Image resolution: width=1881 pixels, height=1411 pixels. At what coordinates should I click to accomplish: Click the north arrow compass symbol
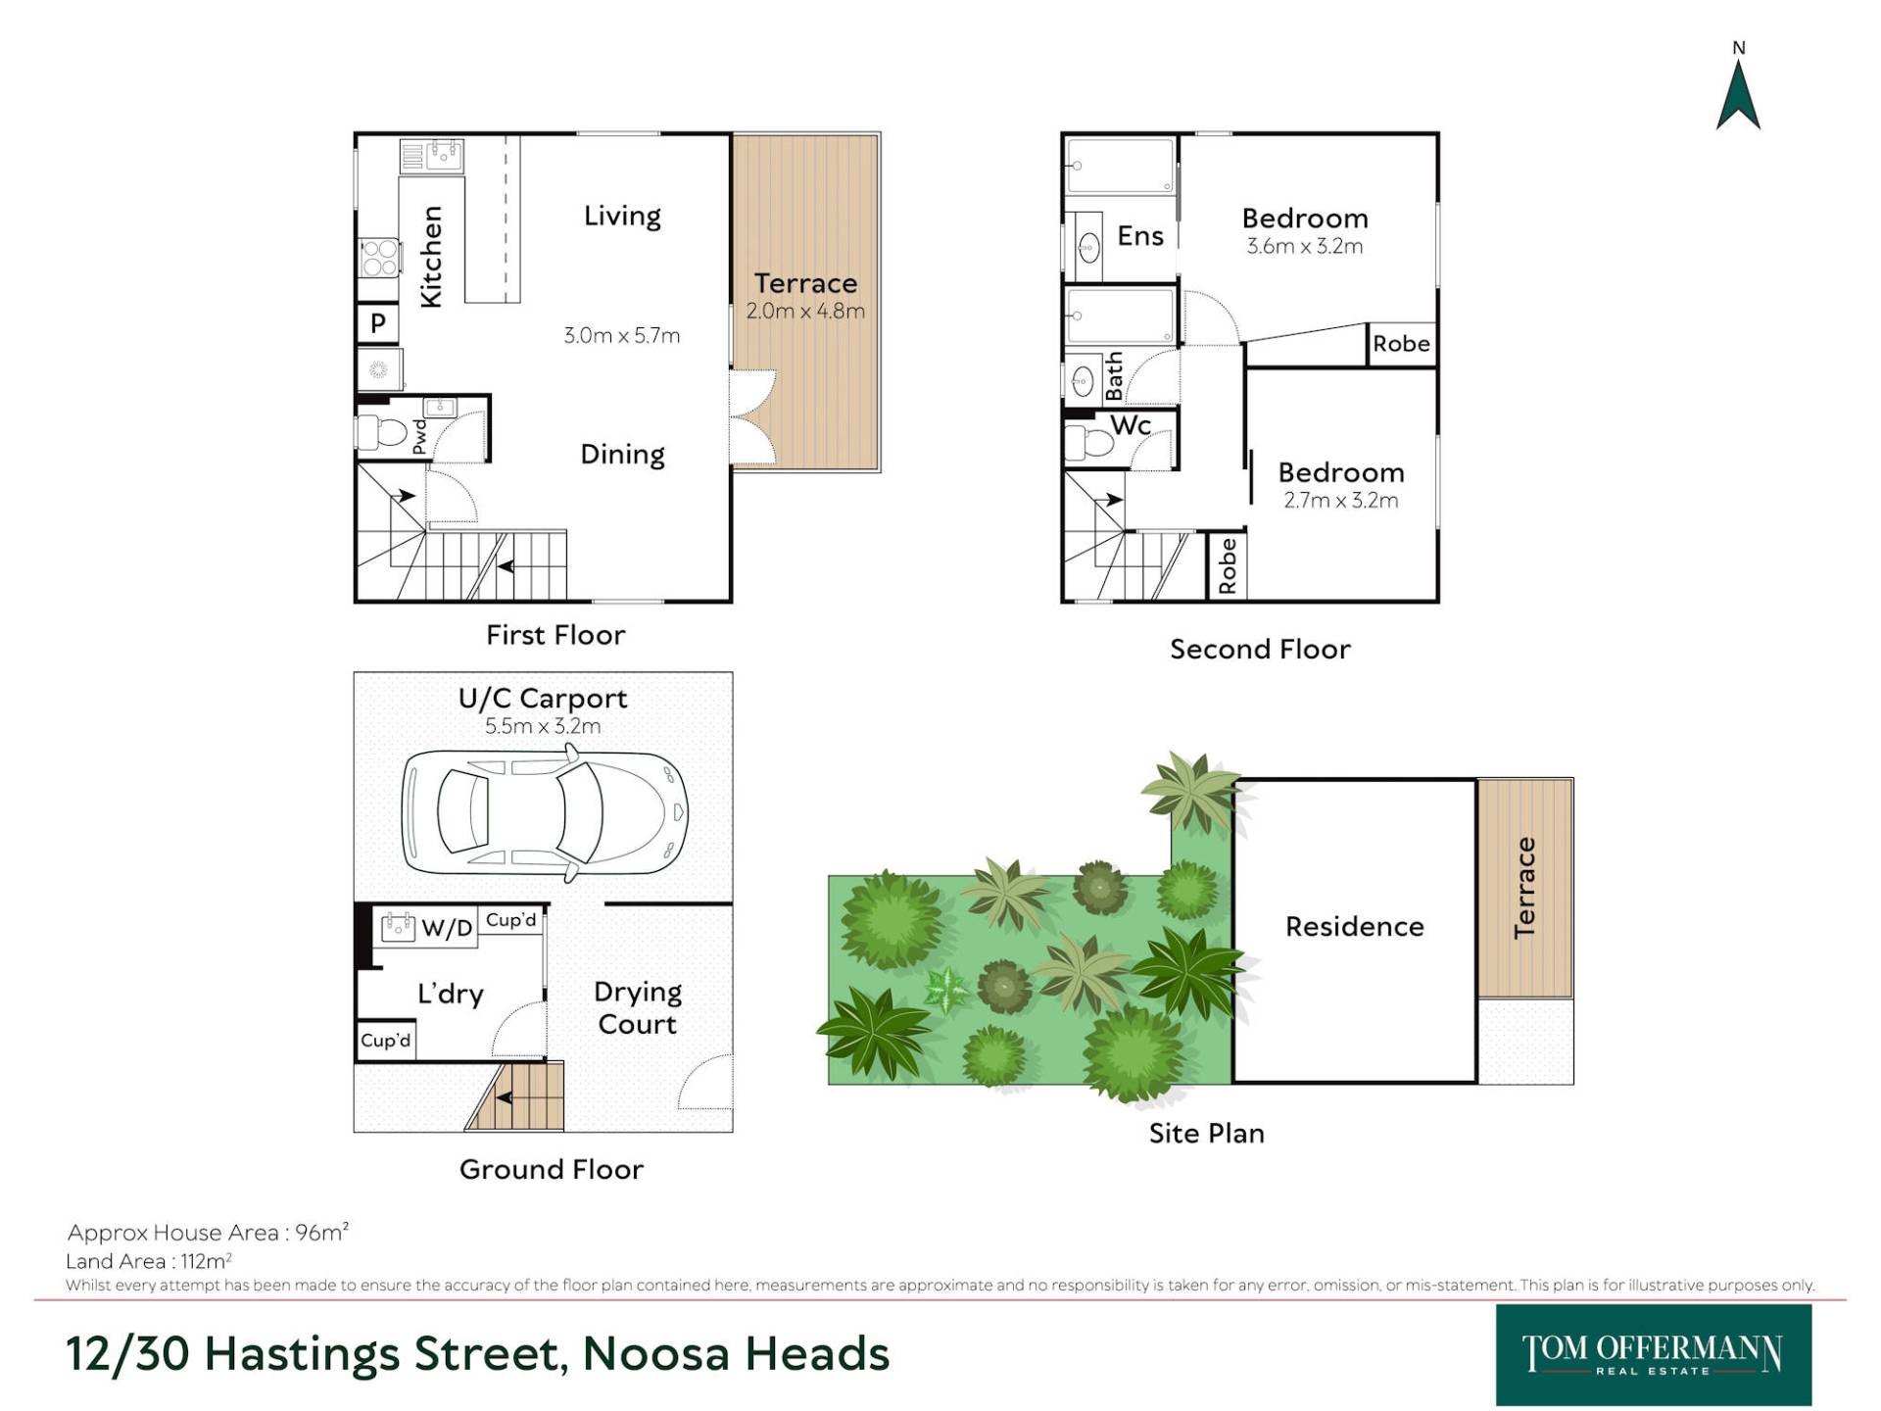click(1738, 95)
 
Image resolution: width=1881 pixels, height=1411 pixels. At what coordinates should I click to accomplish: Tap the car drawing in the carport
click(545, 811)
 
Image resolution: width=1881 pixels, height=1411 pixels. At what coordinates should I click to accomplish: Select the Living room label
click(622, 216)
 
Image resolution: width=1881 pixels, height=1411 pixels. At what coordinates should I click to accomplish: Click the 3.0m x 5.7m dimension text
click(621, 335)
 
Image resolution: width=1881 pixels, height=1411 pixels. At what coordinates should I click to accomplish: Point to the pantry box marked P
click(378, 322)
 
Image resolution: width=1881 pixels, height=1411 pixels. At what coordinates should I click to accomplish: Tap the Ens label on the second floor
click(1140, 236)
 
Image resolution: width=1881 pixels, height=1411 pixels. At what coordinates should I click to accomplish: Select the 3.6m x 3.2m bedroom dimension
click(1304, 246)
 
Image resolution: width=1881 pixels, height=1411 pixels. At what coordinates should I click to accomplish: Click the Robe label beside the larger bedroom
click(1401, 344)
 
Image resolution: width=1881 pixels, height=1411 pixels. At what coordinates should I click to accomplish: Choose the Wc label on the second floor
click(1131, 425)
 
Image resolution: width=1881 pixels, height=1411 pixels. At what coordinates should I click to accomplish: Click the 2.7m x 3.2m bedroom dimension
click(1340, 500)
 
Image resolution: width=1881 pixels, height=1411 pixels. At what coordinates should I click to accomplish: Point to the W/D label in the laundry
click(447, 927)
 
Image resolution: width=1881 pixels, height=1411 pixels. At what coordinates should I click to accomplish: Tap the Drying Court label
click(637, 1008)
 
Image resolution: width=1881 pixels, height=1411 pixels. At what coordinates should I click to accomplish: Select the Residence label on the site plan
click(1354, 926)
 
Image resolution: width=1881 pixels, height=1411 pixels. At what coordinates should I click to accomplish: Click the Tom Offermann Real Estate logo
click(1654, 1355)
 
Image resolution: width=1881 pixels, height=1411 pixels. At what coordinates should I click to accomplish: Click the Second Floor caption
click(1260, 649)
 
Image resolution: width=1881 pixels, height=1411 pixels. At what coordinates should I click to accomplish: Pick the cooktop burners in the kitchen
click(379, 258)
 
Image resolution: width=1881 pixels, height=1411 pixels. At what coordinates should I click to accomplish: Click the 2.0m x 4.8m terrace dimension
click(805, 311)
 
